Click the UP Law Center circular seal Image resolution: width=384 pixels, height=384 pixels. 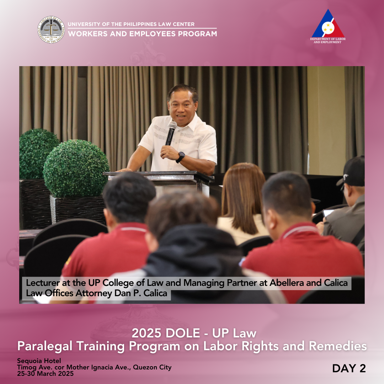51,30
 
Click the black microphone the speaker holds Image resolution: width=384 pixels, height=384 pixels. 171,133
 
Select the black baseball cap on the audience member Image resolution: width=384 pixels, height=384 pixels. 352,172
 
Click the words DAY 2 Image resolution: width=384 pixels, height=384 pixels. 349,368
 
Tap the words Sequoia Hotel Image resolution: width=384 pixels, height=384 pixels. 39,361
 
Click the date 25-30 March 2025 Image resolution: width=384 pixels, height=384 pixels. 45,373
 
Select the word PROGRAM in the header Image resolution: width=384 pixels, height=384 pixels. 197,34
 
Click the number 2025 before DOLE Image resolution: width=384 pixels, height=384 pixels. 146,333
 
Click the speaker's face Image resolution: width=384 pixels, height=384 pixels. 181,108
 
